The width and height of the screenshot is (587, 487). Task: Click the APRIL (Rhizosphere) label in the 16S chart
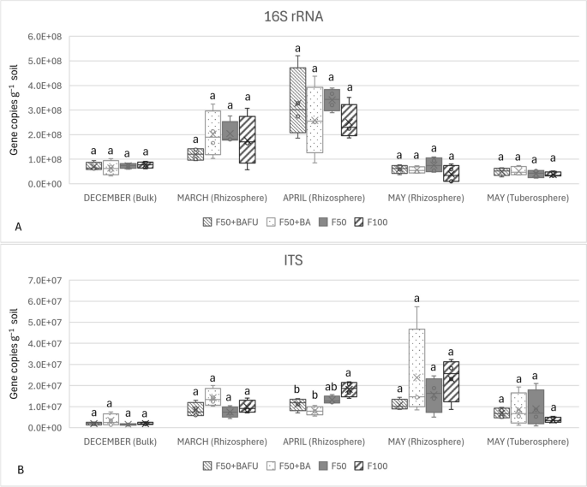click(x=322, y=195)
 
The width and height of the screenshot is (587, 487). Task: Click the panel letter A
click(x=18, y=226)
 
